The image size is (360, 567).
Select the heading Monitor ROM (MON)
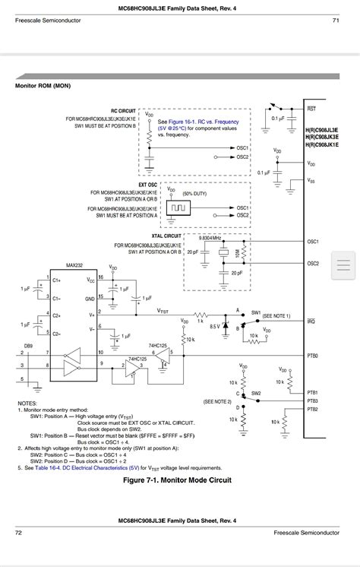[x=43, y=86]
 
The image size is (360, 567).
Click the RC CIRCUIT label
[x=123, y=110]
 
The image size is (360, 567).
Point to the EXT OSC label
[x=147, y=184]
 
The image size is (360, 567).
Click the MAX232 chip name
[x=74, y=265]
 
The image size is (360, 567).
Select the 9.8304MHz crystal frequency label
[x=209, y=237]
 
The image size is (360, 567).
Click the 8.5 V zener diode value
[x=215, y=326]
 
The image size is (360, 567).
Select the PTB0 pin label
[x=312, y=356]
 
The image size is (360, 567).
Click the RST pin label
[x=311, y=109]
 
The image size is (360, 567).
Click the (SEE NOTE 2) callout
[x=218, y=401]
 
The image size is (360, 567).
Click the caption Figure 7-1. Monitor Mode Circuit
[x=177, y=480]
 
